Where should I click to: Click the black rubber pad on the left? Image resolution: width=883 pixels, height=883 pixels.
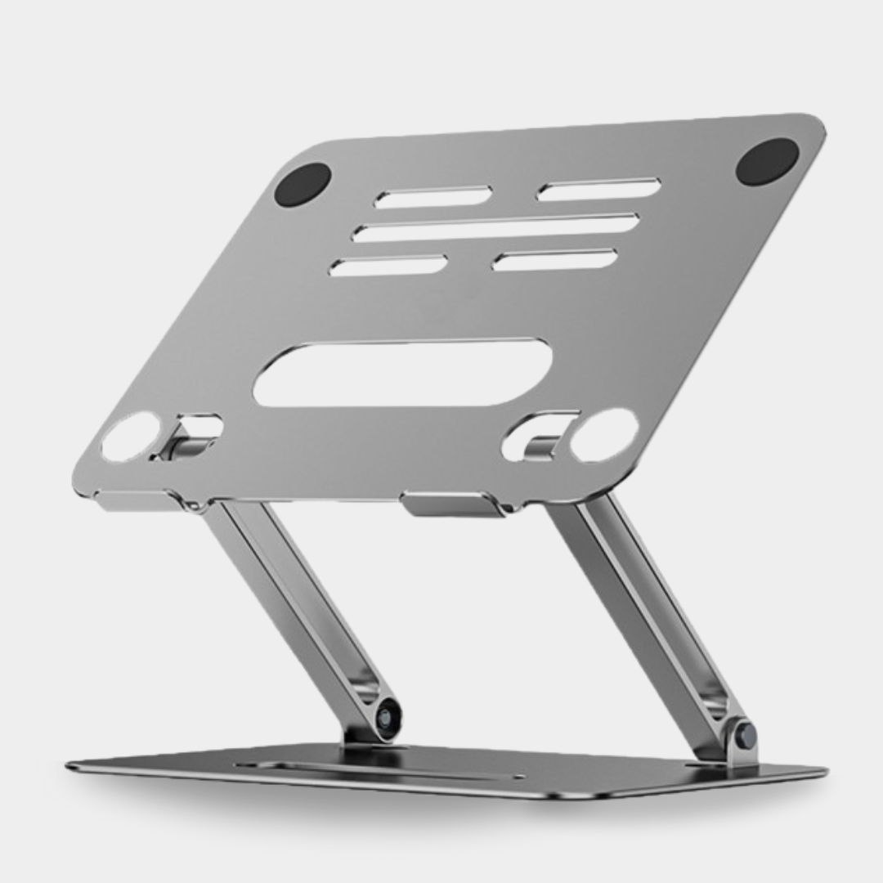(303, 184)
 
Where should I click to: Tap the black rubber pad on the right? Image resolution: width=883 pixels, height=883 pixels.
(767, 161)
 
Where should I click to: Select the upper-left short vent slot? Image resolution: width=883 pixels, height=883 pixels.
(433, 197)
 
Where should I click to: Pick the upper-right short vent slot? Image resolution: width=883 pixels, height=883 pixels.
(598, 190)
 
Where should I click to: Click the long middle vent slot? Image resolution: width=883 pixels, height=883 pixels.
(495, 228)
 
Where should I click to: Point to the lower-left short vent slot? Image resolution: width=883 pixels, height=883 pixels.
(388, 265)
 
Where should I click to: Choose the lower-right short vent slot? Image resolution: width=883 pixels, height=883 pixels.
(555, 260)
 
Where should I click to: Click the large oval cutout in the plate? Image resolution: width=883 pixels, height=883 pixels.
(402, 373)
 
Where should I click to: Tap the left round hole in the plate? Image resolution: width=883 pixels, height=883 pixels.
(131, 436)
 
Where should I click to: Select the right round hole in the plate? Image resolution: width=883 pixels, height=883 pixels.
(603, 434)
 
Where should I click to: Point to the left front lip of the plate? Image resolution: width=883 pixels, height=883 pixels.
(137, 500)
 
